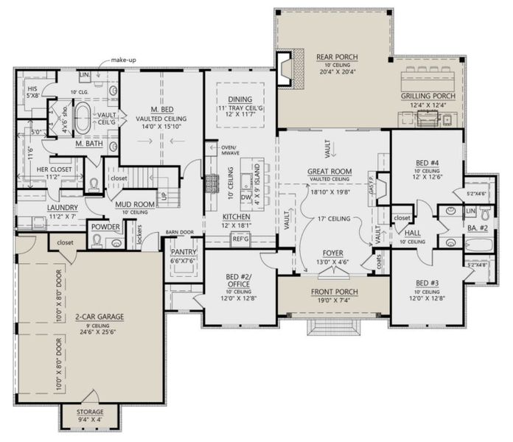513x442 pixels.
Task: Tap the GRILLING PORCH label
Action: click(427, 97)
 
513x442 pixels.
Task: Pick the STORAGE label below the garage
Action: click(91, 412)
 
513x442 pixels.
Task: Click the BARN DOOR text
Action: click(179, 231)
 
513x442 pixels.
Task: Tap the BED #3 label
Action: click(428, 283)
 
